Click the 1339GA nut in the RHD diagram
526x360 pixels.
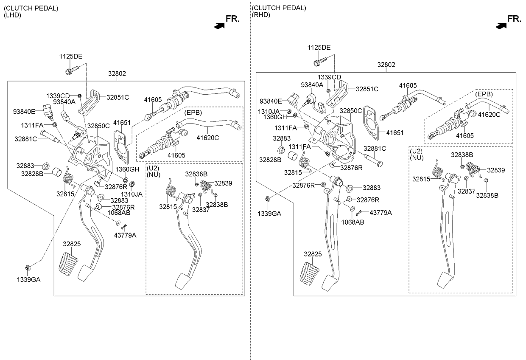click(x=268, y=198)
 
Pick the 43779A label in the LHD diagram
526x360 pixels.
click(x=125, y=235)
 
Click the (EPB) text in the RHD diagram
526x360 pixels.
click(x=484, y=94)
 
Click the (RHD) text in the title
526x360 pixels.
click(x=261, y=15)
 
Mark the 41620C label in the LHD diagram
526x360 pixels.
click(x=208, y=137)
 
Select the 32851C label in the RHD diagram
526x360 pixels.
click(x=367, y=89)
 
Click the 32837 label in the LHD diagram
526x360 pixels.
click(x=201, y=209)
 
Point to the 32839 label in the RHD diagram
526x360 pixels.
click(x=496, y=170)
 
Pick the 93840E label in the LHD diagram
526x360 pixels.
click(x=24, y=112)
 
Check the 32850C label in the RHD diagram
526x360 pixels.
click(x=351, y=111)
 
